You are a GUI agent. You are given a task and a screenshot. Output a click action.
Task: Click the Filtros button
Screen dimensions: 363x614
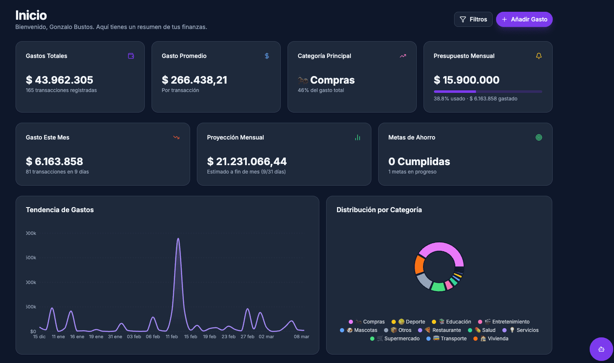[x=473, y=19]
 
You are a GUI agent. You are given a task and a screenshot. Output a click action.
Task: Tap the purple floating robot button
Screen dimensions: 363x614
[x=601, y=349]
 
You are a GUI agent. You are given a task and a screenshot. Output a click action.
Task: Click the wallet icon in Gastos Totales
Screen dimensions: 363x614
[x=131, y=56]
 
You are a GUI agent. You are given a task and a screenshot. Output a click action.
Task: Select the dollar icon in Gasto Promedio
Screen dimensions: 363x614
[x=267, y=56]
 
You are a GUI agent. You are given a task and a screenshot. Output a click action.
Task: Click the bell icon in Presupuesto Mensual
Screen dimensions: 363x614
[x=539, y=56]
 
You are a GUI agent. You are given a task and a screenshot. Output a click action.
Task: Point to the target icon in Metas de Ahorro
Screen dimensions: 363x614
[x=539, y=137]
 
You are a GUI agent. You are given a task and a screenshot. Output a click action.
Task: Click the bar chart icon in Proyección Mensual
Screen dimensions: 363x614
[x=358, y=137]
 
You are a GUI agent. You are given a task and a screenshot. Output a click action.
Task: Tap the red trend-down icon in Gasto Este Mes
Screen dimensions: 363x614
[x=176, y=137]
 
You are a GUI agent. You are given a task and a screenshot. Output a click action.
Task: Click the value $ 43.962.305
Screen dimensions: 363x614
[x=60, y=80]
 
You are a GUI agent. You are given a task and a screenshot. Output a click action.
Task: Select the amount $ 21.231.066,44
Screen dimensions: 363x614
[x=247, y=161]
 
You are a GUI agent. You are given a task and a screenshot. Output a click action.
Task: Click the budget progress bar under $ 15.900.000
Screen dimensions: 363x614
[x=488, y=91]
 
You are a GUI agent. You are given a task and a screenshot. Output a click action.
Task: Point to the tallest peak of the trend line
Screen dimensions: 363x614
[x=178, y=239]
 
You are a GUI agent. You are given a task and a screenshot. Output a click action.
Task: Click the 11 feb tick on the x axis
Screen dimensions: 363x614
[x=172, y=337]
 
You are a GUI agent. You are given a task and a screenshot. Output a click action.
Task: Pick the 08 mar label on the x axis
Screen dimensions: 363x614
[x=301, y=337]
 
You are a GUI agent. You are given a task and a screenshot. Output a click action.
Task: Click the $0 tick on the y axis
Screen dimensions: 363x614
[x=33, y=331]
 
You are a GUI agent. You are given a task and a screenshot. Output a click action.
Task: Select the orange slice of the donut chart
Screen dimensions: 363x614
[x=419, y=265]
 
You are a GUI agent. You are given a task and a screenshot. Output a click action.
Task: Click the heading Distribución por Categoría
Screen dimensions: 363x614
[x=379, y=210]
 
